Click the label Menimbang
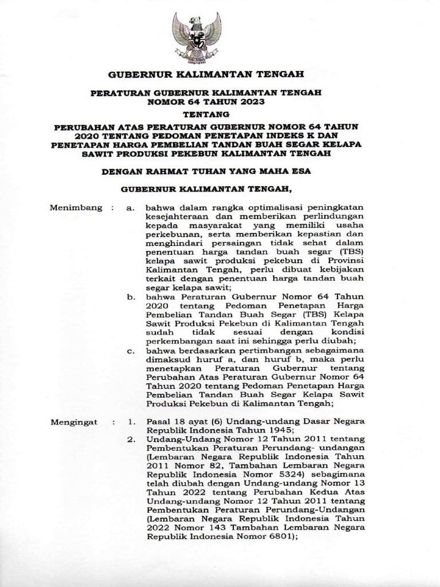(x=74, y=207)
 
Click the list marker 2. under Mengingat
(x=131, y=439)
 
